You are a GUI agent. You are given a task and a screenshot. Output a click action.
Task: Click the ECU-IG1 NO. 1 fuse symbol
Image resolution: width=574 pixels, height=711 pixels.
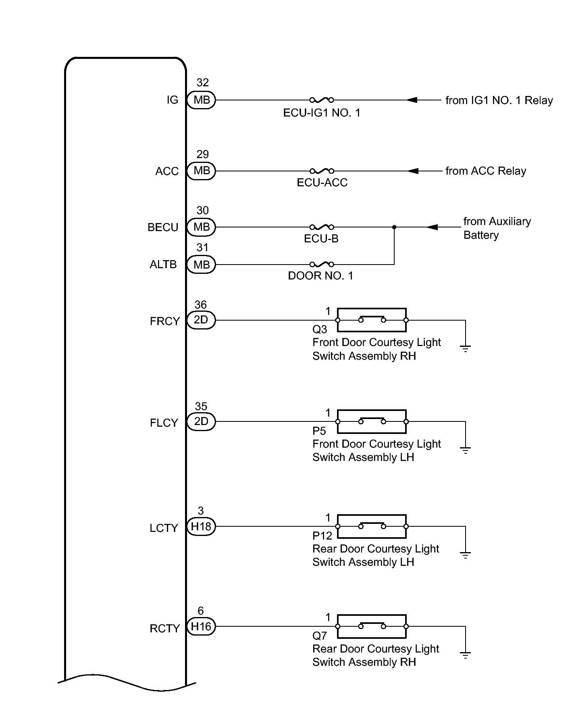(x=321, y=100)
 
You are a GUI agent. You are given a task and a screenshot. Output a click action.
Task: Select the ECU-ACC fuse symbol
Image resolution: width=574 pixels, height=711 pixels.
(x=321, y=171)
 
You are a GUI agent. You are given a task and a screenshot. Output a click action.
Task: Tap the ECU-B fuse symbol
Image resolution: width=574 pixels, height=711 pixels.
(x=321, y=227)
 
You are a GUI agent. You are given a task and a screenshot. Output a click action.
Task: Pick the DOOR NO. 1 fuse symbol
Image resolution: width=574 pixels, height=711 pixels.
(x=321, y=265)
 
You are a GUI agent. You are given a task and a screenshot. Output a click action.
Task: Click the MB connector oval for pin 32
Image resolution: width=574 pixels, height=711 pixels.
(x=202, y=100)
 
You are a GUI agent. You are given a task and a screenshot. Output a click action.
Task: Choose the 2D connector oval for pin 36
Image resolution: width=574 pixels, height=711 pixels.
(x=201, y=320)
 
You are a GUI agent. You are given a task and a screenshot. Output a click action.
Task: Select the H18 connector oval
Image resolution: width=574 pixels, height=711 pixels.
(x=201, y=526)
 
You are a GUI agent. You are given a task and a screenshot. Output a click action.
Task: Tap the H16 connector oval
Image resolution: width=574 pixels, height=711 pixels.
(x=201, y=626)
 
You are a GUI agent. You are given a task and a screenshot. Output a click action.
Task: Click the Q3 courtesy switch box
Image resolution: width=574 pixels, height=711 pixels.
(x=372, y=320)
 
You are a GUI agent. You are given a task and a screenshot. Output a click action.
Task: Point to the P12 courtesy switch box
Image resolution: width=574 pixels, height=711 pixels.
(x=372, y=526)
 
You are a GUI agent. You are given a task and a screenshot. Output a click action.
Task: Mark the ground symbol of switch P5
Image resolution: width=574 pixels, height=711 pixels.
(x=465, y=450)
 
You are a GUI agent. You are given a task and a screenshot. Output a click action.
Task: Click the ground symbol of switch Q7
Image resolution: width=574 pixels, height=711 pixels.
(x=465, y=655)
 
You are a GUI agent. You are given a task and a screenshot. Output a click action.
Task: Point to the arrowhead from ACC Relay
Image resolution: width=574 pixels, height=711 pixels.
(x=413, y=171)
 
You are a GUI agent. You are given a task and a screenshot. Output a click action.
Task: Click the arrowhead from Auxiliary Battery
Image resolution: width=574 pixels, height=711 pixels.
(x=432, y=227)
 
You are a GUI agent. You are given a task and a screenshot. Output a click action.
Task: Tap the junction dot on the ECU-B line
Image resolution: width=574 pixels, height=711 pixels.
(x=394, y=227)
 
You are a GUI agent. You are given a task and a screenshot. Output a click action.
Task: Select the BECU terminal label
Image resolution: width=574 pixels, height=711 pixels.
(x=163, y=227)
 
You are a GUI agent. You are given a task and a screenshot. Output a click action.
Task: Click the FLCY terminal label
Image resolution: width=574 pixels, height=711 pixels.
(x=164, y=423)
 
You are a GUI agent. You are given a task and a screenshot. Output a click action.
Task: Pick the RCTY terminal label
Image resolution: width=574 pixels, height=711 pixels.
(x=164, y=628)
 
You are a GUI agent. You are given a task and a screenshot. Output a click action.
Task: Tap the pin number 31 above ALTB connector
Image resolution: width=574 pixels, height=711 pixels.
(x=202, y=247)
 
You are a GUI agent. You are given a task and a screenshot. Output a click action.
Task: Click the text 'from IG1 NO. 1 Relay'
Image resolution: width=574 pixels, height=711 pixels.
(x=499, y=100)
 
